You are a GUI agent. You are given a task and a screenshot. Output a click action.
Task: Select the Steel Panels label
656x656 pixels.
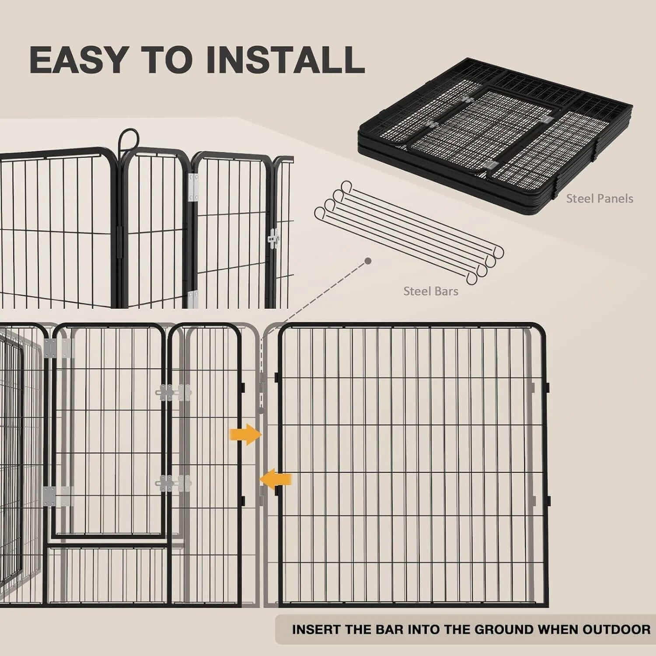tap(599, 199)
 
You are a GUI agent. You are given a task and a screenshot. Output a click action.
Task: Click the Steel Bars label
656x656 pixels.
tap(430, 291)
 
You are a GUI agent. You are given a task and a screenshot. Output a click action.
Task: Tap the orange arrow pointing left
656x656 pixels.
tap(276, 479)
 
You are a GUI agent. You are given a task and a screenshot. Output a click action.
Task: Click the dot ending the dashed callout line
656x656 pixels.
tap(368, 261)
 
